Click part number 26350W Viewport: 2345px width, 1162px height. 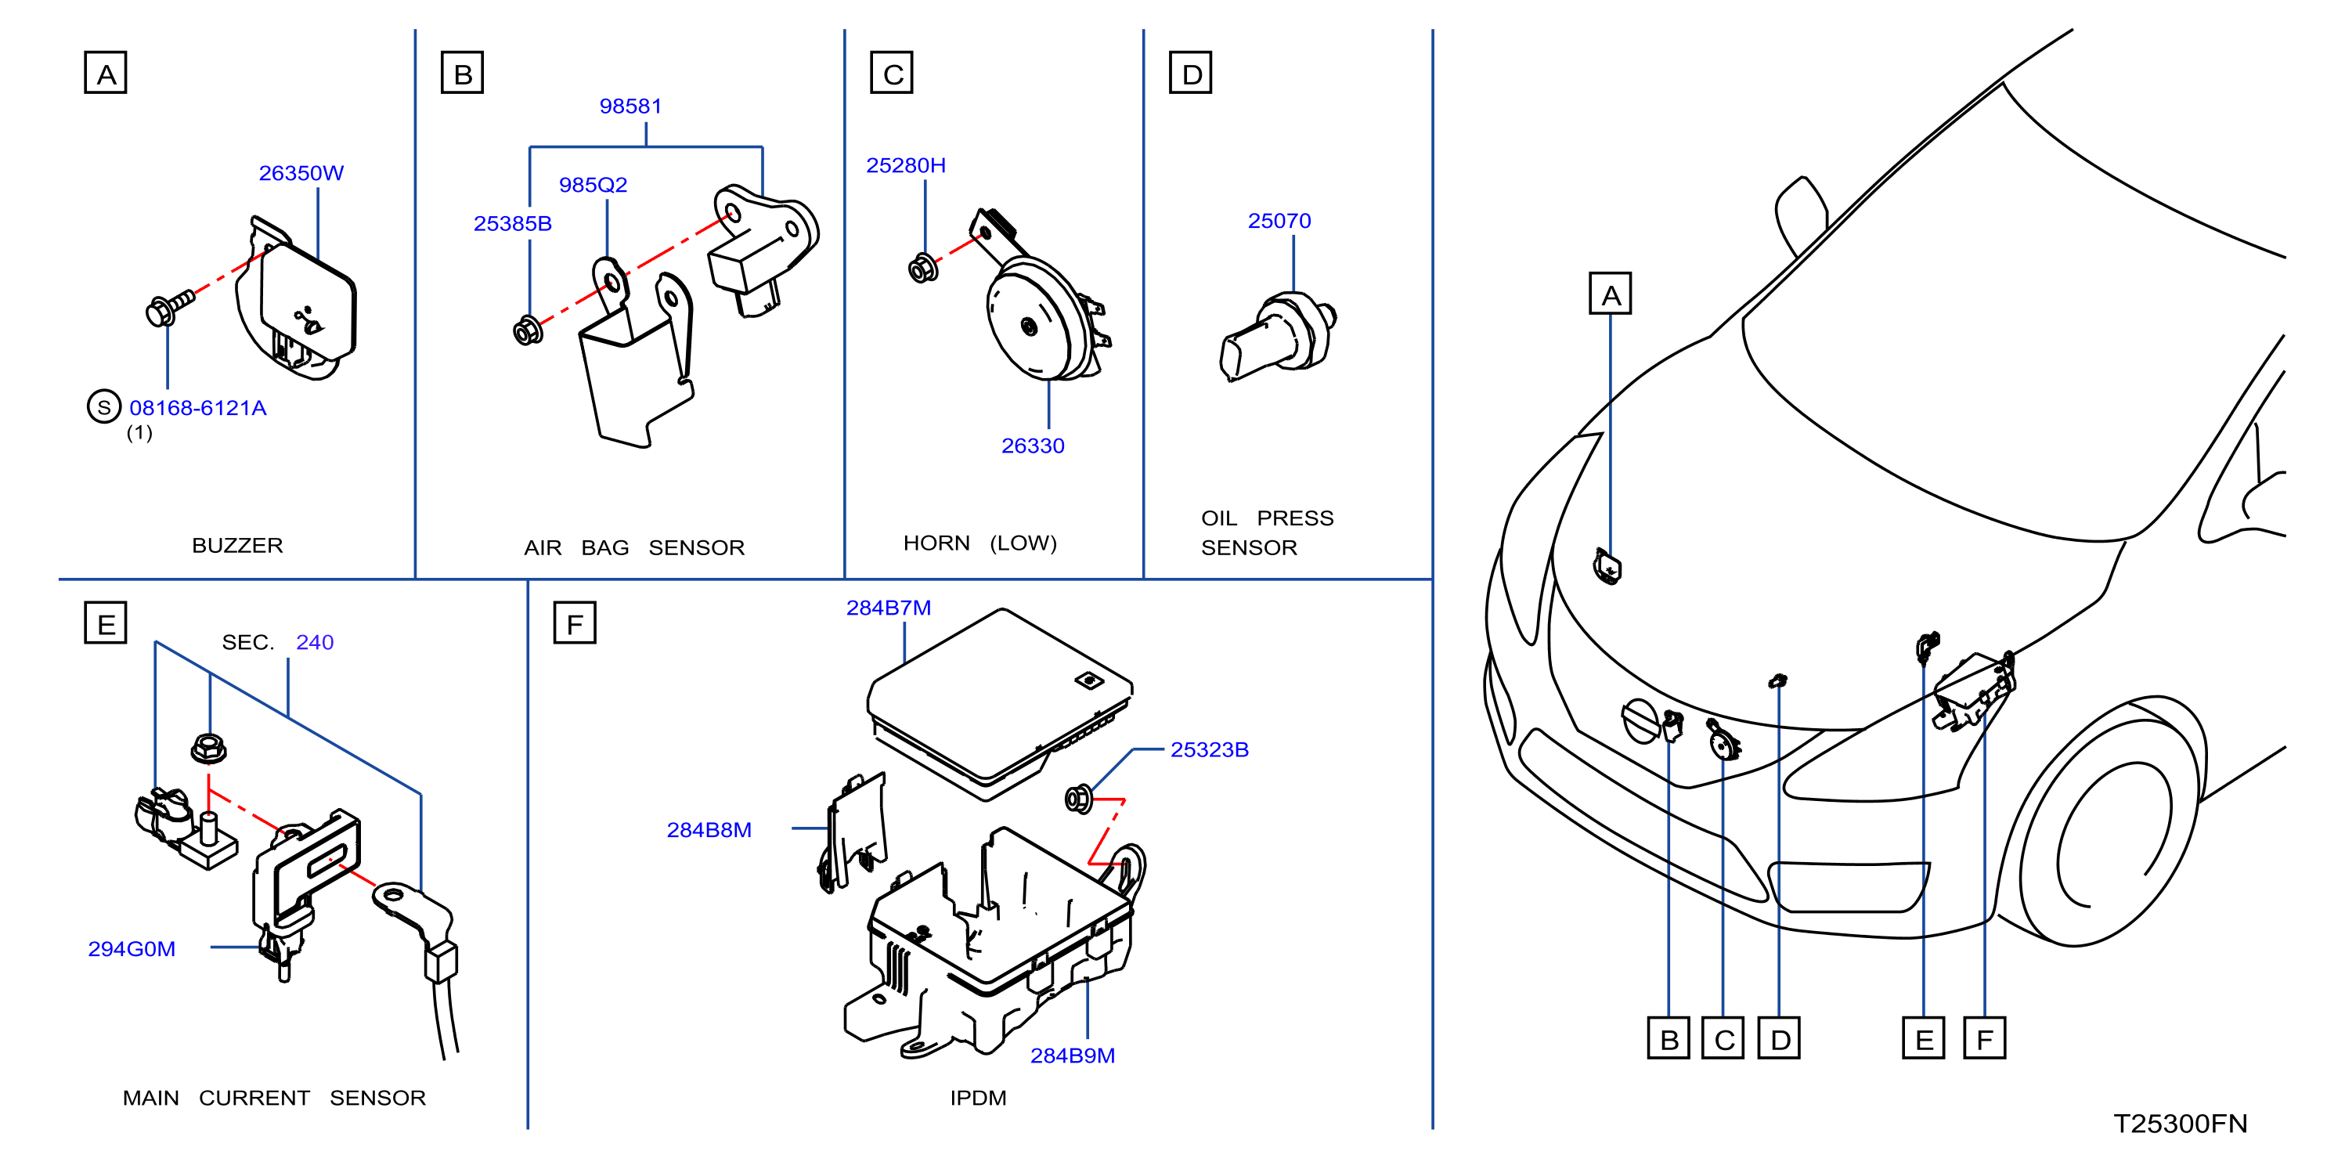301,173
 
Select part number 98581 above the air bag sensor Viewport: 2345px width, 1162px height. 630,106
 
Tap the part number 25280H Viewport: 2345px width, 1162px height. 906,166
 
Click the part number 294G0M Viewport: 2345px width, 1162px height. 132,949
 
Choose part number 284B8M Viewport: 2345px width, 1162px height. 709,831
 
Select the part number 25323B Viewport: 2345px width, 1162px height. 1209,750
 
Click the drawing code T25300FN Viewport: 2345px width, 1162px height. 2181,1124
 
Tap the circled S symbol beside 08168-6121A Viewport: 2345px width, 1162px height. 104,407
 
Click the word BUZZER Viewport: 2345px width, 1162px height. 237,546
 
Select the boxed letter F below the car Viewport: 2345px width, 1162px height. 1985,1038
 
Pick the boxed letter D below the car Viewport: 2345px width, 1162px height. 1780,1038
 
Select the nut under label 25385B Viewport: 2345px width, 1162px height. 528,330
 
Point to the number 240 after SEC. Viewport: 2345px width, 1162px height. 315,643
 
